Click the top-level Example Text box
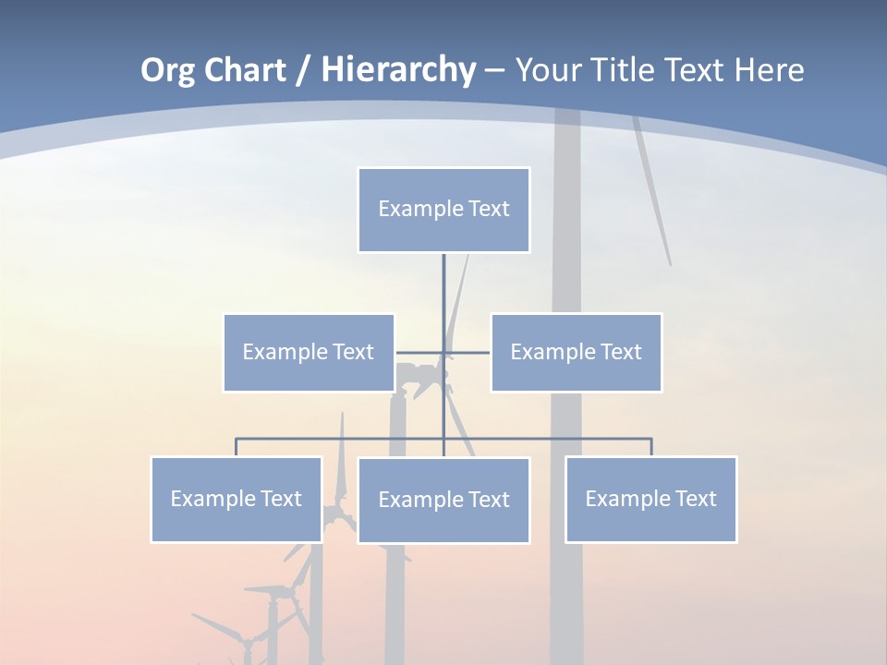tap(443, 210)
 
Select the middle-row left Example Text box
tap(309, 353)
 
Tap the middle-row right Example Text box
tap(576, 353)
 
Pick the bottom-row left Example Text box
tap(237, 500)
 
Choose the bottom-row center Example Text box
tap(443, 501)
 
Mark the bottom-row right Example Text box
tap(650, 500)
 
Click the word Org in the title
tap(167, 71)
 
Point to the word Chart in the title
tap(243, 71)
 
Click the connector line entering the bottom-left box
tap(237, 447)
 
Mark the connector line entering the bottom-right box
tap(651, 447)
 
